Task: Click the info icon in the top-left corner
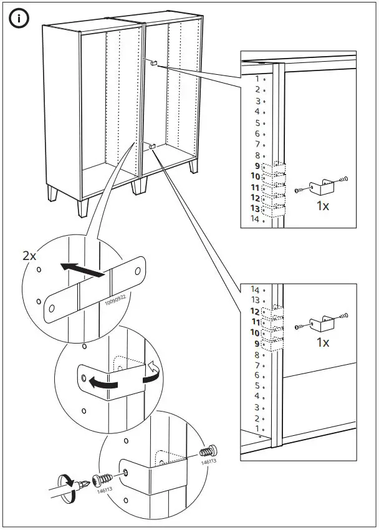point(19,19)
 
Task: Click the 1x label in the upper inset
point(322,206)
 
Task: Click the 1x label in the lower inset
point(322,342)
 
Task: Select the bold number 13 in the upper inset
point(254,208)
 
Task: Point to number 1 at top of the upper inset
point(256,79)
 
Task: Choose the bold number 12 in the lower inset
point(254,311)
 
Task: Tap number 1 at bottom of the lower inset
point(256,429)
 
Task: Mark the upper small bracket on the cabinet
point(153,62)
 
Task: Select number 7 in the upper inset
point(256,144)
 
